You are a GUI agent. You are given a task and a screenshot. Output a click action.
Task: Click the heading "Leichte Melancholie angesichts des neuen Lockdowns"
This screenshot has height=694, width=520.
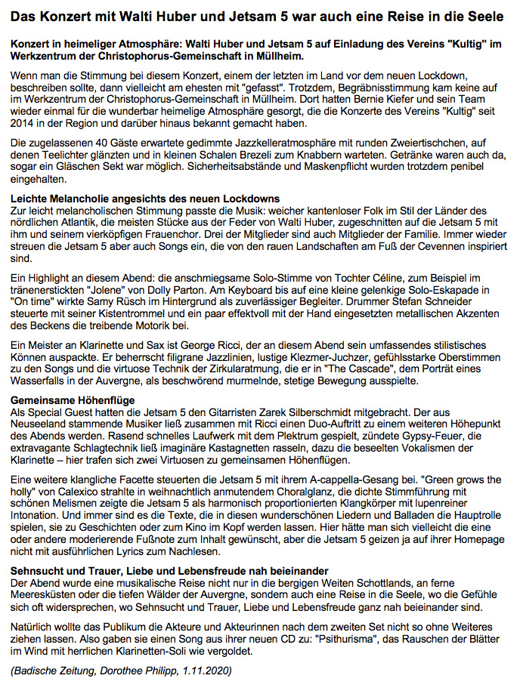tap(145, 199)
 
